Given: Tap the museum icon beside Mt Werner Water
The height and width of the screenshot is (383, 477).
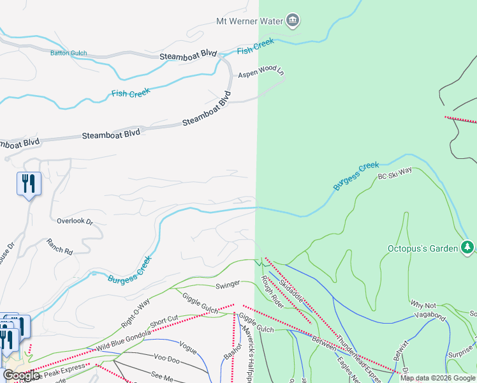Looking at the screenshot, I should (293, 20).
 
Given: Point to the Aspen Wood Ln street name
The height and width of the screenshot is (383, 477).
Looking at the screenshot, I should (261, 73).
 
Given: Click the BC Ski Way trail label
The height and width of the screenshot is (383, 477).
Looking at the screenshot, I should (395, 172).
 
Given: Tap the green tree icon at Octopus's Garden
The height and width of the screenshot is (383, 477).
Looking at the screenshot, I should (467, 247).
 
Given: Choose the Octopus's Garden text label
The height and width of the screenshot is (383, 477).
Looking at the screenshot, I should (423, 248).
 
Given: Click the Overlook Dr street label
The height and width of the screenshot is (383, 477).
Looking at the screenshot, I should (75, 222).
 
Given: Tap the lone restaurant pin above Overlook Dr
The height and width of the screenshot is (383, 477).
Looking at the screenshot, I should (29, 184).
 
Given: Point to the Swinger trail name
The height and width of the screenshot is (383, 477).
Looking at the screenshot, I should (228, 284).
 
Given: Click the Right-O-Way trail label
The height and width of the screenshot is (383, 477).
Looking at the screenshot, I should (135, 312).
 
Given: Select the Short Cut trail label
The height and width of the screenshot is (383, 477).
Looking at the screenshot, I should (164, 322).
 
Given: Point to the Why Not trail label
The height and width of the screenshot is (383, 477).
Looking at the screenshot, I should (423, 304).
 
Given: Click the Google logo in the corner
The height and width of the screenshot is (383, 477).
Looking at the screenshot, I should (21, 375).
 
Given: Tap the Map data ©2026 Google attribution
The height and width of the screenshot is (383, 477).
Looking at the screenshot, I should (437, 378).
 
